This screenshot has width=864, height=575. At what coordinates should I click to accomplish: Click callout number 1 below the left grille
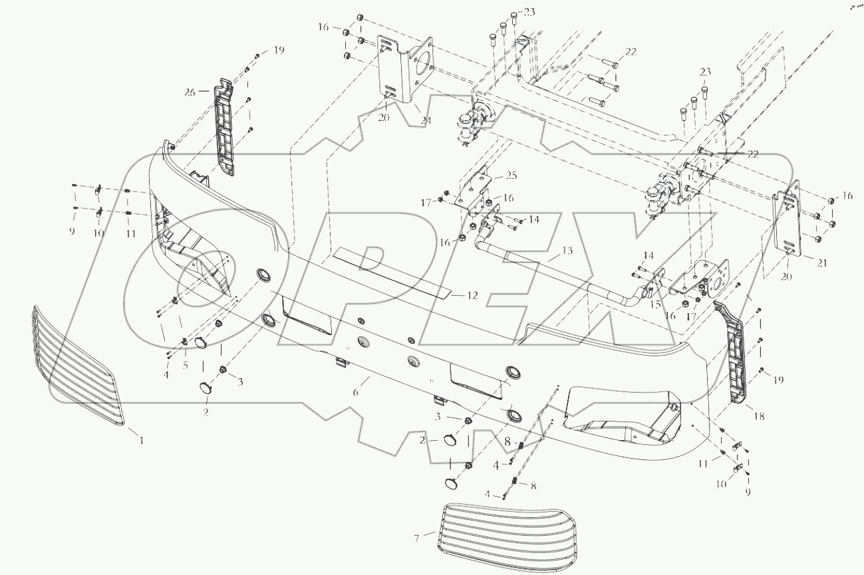(141, 439)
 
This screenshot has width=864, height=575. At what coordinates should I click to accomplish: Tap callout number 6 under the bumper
(356, 393)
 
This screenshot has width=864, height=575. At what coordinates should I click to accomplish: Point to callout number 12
(472, 295)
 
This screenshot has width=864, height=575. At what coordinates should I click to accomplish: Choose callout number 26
(190, 93)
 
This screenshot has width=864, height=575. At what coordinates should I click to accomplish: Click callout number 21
(822, 263)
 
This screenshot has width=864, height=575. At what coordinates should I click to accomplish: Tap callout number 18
(759, 416)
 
